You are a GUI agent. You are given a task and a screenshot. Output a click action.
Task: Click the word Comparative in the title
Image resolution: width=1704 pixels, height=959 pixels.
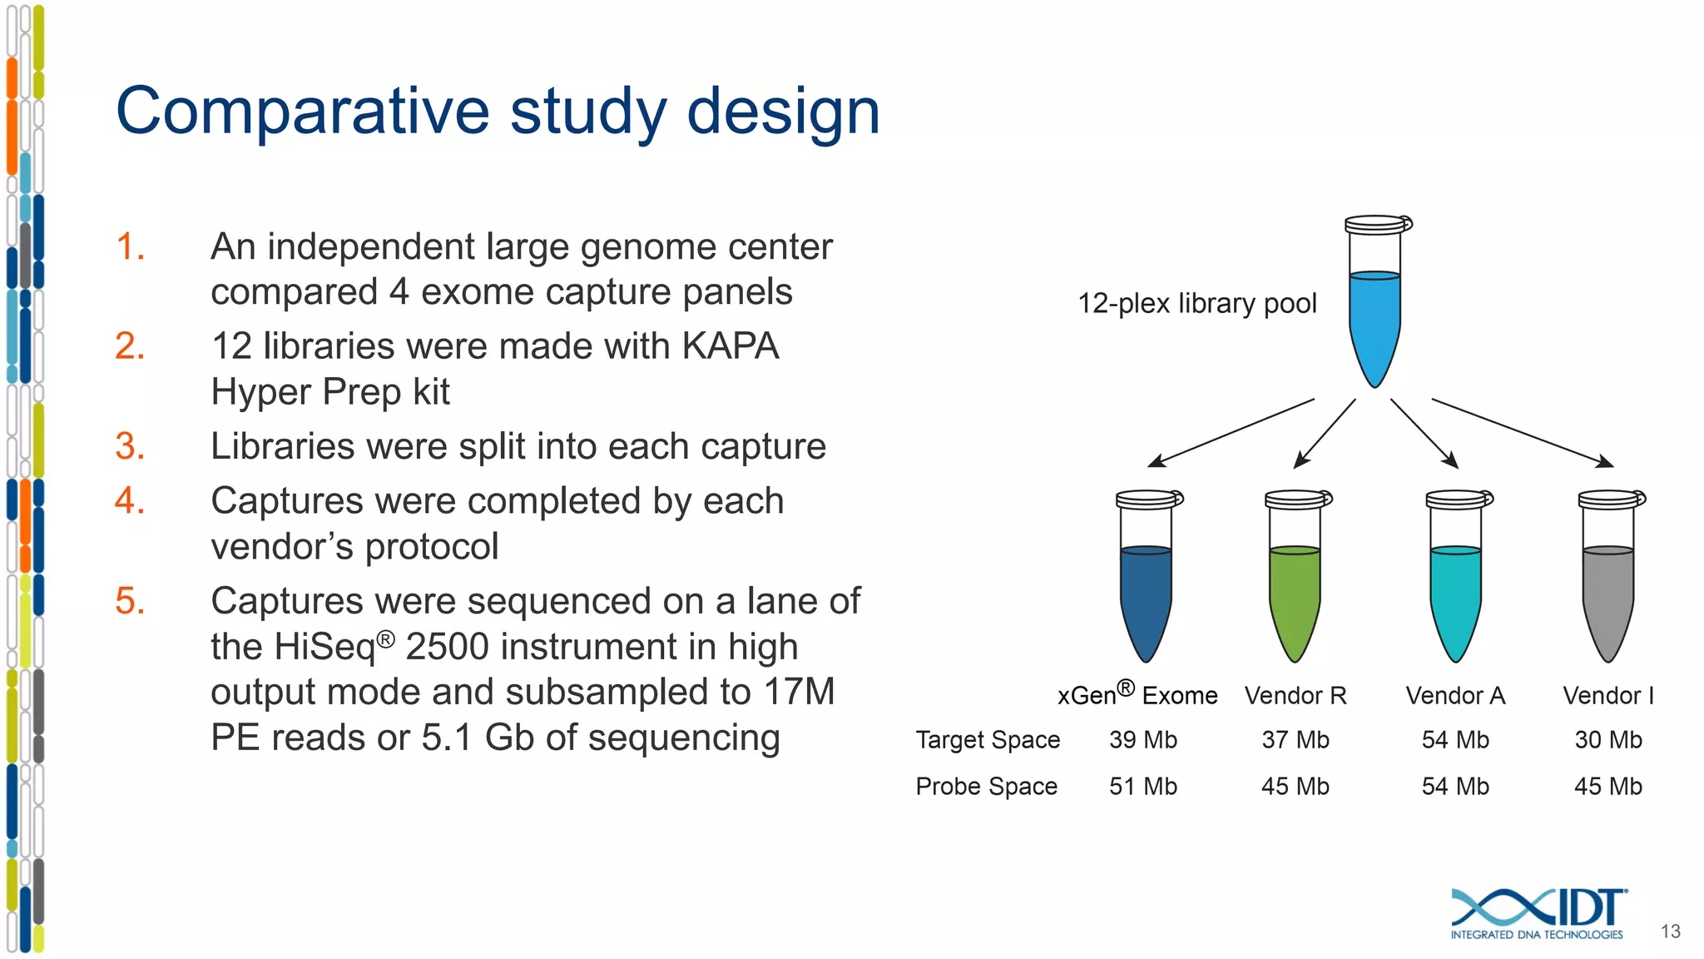[x=302, y=112]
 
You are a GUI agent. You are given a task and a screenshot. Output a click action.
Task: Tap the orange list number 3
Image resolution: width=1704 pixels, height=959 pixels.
[x=130, y=446]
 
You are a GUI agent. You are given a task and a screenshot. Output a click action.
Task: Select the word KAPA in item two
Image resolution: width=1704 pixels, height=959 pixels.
[x=730, y=345]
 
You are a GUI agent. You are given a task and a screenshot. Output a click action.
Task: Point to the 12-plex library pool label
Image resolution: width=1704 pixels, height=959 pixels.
[x=1196, y=303]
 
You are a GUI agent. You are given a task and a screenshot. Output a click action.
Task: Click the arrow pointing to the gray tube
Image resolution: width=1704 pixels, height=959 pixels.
[x=1523, y=433]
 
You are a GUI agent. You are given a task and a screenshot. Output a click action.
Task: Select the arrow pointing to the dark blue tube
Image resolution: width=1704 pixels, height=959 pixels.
[x=1231, y=433]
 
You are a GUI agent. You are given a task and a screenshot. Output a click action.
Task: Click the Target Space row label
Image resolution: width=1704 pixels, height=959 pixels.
[x=988, y=740]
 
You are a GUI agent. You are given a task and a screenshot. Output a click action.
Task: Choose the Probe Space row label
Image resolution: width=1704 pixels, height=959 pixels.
[x=986, y=787]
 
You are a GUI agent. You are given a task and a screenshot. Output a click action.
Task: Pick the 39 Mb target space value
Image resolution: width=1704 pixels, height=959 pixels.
[x=1142, y=740]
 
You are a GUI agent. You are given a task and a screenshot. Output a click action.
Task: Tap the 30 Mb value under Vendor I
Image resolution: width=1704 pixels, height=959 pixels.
[x=1607, y=740]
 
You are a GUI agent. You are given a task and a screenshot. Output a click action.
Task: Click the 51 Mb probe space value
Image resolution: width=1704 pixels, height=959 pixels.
[x=1142, y=787]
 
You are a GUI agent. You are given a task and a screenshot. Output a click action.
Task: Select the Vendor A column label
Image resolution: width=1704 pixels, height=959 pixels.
[x=1455, y=696]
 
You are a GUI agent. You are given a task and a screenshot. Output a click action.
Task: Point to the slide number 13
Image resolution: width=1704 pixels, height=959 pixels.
[x=1670, y=932]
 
